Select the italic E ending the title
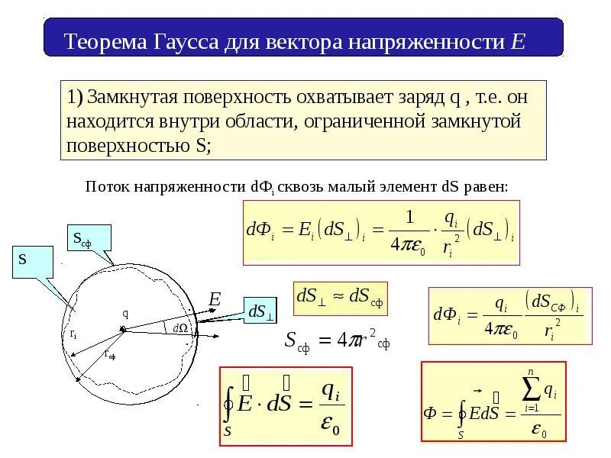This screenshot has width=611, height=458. (x=519, y=41)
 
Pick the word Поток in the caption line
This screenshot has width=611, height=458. (x=106, y=186)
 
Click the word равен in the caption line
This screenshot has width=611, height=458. (x=486, y=186)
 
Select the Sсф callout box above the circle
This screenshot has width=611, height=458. (x=89, y=238)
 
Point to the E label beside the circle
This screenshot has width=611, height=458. (x=215, y=300)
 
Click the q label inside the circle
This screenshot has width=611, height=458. (x=124, y=313)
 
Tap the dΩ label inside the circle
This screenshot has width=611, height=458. (x=180, y=327)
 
